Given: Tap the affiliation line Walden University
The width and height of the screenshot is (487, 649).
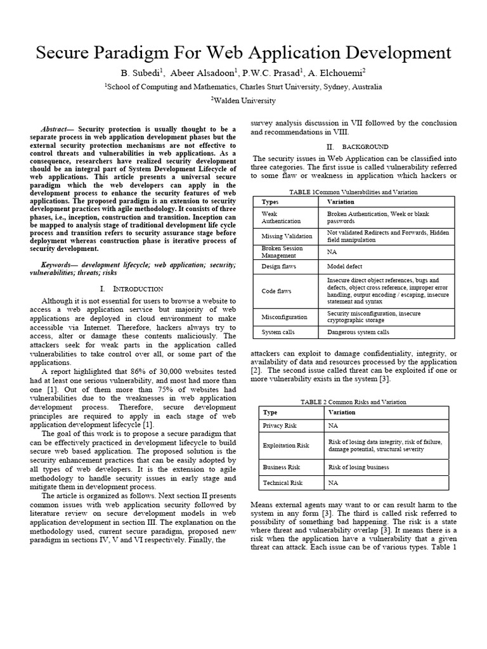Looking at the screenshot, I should point(243,100).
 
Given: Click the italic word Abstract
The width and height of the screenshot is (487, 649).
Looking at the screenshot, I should point(57,129).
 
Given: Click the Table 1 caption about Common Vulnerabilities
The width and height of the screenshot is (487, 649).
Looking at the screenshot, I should point(353,192).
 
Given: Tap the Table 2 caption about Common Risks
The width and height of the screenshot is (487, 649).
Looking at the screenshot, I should point(353,402).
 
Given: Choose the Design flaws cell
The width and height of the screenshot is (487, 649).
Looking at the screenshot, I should point(276,267).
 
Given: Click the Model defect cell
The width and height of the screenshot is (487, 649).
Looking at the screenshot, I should point(344,267).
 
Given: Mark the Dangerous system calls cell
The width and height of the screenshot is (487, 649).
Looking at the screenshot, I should point(358,331).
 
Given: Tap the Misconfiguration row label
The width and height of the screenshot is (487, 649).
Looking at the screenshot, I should point(284,316).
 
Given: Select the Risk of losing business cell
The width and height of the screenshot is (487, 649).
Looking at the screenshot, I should point(358,467).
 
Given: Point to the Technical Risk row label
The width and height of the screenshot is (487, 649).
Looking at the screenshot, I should point(282,483).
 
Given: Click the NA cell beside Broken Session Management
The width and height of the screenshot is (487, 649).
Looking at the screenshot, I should point(331,252).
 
